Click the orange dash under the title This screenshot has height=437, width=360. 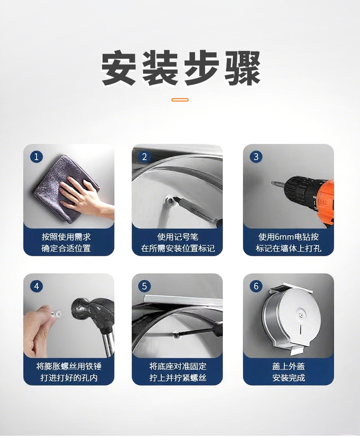click(180, 100)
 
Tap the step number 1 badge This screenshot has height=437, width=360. click(36, 157)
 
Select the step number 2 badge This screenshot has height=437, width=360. click(144, 157)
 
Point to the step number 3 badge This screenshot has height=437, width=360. click(256, 157)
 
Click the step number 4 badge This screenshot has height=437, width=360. click(36, 286)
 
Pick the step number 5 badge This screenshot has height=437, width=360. click(144, 286)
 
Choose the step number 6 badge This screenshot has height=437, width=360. click(256, 286)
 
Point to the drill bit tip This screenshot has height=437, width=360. click(272, 183)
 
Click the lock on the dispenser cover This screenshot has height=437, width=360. click(299, 314)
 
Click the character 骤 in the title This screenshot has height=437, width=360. click(242, 68)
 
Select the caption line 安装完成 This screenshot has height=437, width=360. click(288, 378)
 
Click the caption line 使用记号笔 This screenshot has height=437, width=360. click(178, 237)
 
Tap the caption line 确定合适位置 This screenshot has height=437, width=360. click(66, 248)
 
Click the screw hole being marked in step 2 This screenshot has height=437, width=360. click(170, 200)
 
